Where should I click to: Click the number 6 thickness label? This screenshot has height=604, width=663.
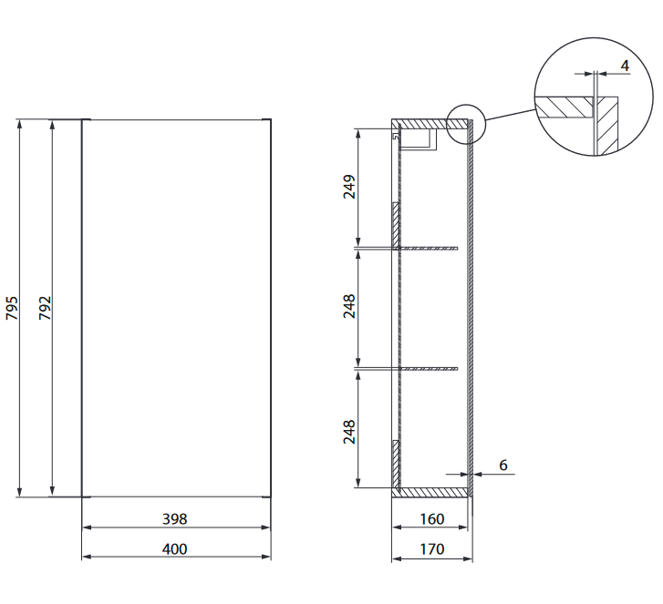coord(502,465)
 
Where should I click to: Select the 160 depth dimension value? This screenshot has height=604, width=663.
coord(432,519)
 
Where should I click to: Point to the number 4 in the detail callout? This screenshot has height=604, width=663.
coord(624,66)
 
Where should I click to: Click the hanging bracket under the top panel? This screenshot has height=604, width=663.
coord(420,138)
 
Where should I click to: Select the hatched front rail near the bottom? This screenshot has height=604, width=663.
coord(396,464)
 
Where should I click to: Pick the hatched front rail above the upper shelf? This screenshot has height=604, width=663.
coord(396,224)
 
